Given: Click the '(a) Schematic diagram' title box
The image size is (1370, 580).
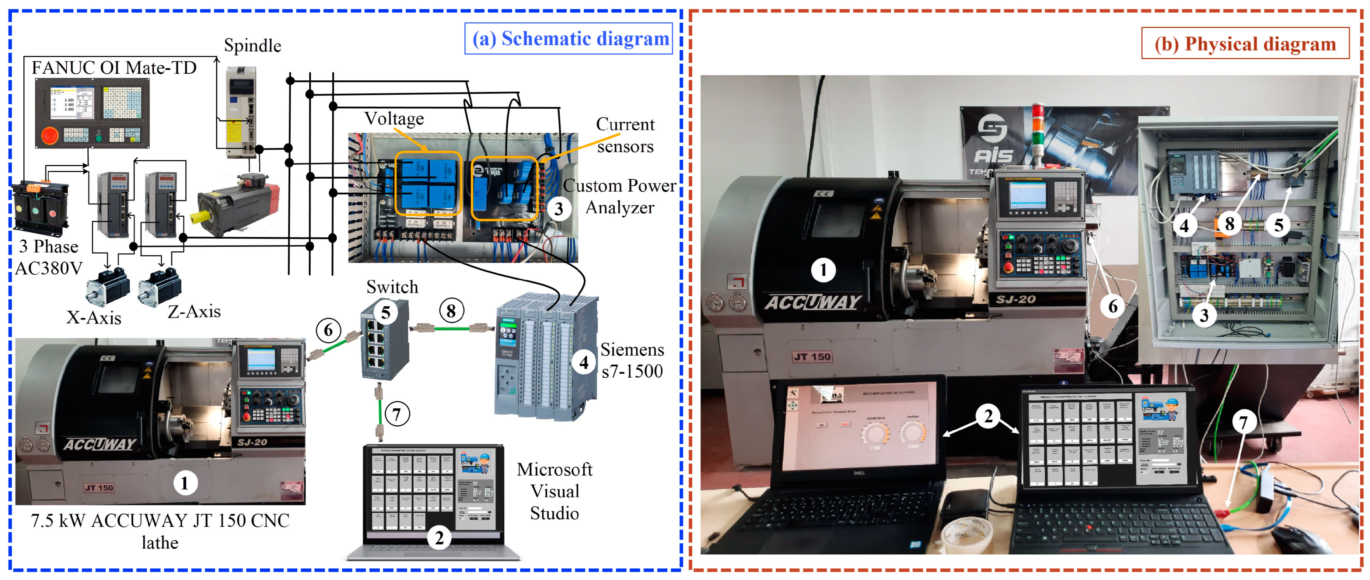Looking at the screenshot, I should (x=569, y=38).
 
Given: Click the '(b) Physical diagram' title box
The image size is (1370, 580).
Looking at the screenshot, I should (x=1244, y=44).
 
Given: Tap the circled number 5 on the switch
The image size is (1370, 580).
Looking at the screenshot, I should (x=386, y=313).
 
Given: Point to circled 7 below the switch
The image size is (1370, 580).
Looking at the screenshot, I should (x=397, y=414).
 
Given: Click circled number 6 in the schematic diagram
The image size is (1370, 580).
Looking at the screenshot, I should (x=328, y=330).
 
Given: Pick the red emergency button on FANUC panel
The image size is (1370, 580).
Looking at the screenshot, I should (x=50, y=135).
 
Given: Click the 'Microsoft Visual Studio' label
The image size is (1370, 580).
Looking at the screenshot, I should (x=554, y=491).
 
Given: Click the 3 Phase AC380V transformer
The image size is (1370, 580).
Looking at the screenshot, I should (x=40, y=207).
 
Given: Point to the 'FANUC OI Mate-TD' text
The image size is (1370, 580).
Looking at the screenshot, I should (x=114, y=68).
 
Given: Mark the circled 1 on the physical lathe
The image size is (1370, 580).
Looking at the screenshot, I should (x=823, y=270).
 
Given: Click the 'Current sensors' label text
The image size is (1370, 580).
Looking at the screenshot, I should (x=625, y=135).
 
